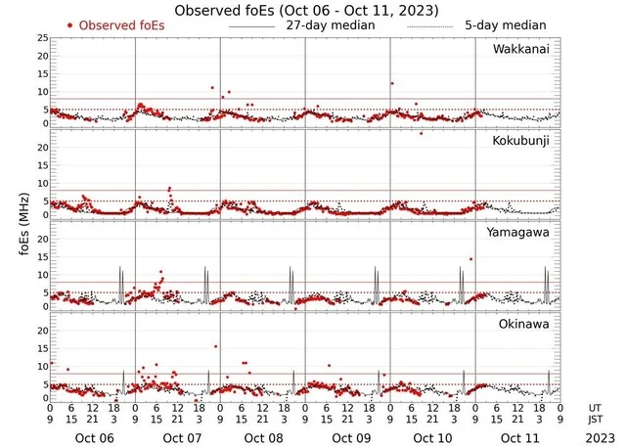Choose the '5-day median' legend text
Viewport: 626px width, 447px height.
(508, 24)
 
